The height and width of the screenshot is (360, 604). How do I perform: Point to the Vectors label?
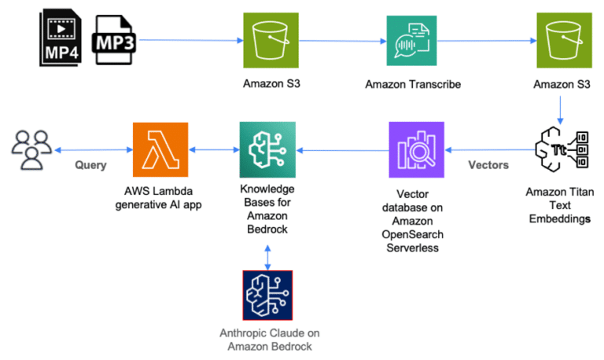[488, 165]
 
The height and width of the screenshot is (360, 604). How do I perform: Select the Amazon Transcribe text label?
[411, 83]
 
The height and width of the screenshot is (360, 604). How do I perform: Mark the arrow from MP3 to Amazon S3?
[189, 39]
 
